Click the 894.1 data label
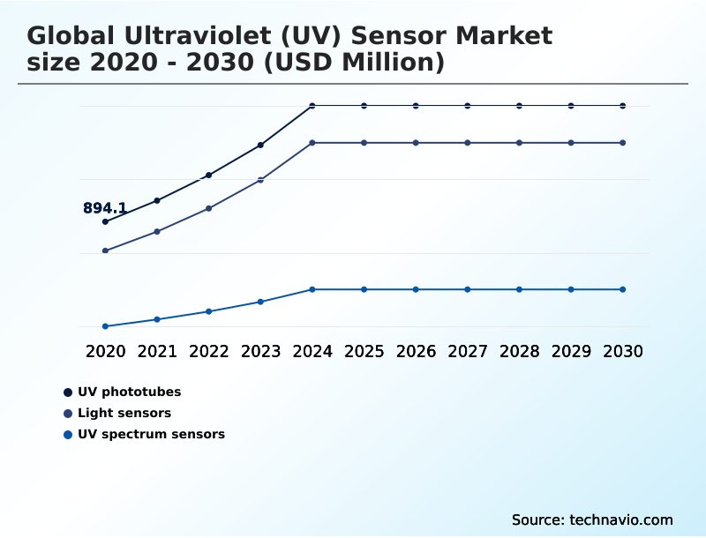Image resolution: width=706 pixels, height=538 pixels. point(105,208)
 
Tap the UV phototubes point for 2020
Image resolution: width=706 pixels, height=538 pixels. point(105,221)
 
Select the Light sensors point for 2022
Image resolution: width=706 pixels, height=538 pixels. point(209,208)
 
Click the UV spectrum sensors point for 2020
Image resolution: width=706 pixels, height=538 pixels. point(105,326)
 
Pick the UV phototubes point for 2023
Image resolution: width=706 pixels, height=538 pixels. point(260,145)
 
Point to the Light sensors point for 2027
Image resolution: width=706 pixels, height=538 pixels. point(468,143)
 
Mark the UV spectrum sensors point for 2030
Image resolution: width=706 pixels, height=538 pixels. point(623,289)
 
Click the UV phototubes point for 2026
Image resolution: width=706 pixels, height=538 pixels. point(416,106)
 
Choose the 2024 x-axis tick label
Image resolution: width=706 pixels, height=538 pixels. point(312,351)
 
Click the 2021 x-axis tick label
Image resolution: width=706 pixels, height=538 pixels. point(157,351)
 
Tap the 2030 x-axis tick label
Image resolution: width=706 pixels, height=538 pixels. point(623,351)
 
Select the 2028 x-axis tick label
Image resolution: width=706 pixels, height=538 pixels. point(519,351)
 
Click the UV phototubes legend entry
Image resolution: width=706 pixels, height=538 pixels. point(129,392)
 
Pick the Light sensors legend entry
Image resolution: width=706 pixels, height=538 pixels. point(124,413)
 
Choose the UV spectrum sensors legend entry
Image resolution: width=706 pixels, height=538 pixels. point(151,434)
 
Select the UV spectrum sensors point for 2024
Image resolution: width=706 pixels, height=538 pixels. point(312,289)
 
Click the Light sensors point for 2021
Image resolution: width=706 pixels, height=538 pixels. point(157,231)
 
